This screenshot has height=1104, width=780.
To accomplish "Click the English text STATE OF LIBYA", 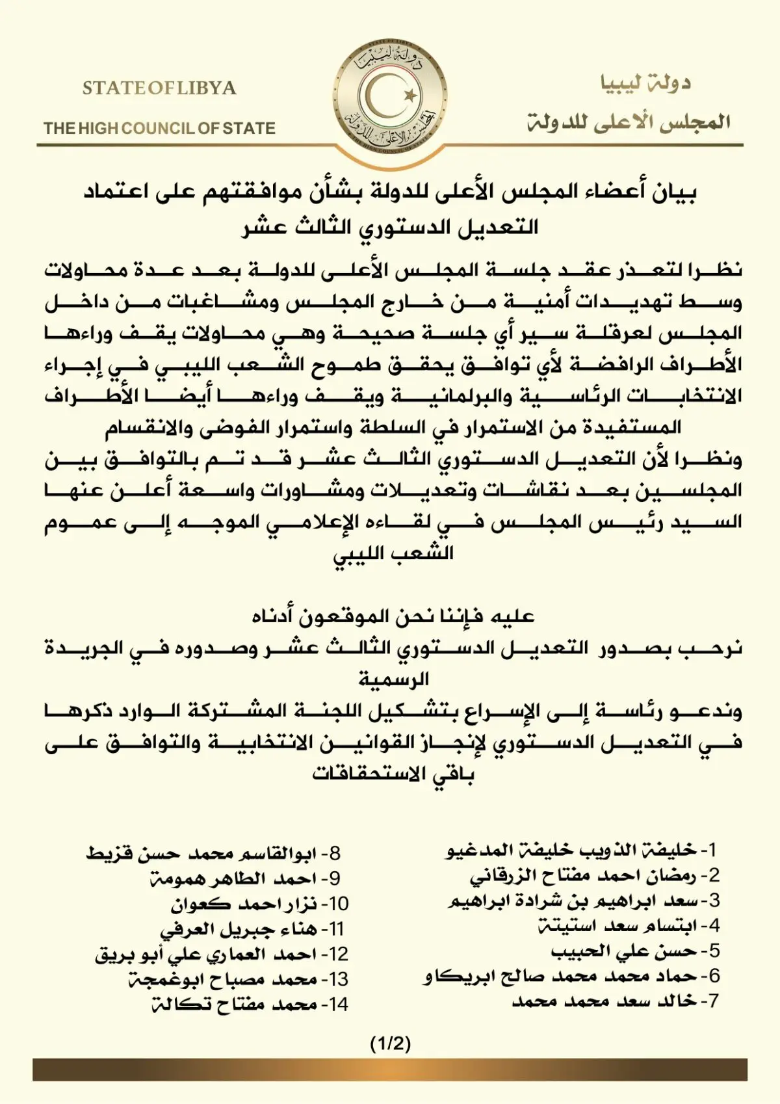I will pyautogui.click(x=159, y=88).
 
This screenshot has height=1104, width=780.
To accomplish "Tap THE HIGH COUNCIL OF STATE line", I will pyautogui.click(x=160, y=128).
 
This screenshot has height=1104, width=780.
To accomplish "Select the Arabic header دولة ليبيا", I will pyautogui.click(x=645, y=83).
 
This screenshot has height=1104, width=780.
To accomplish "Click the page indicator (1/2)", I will pyautogui.click(x=390, y=1044).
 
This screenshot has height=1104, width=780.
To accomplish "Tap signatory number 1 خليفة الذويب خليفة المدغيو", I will pyautogui.click(x=582, y=850).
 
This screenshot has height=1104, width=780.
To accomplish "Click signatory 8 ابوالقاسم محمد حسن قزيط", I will pyautogui.click(x=213, y=853).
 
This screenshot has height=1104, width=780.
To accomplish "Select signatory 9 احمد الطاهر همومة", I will pyautogui.click(x=244, y=878).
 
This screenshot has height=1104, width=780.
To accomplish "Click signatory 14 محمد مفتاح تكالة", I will pyautogui.click(x=250, y=1005).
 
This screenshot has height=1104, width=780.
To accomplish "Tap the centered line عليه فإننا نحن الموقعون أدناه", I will pyautogui.click(x=393, y=616).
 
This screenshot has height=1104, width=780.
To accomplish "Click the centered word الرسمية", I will pyautogui.click(x=394, y=679).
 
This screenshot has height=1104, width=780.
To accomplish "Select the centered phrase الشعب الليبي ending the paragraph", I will pyautogui.click(x=393, y=554).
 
